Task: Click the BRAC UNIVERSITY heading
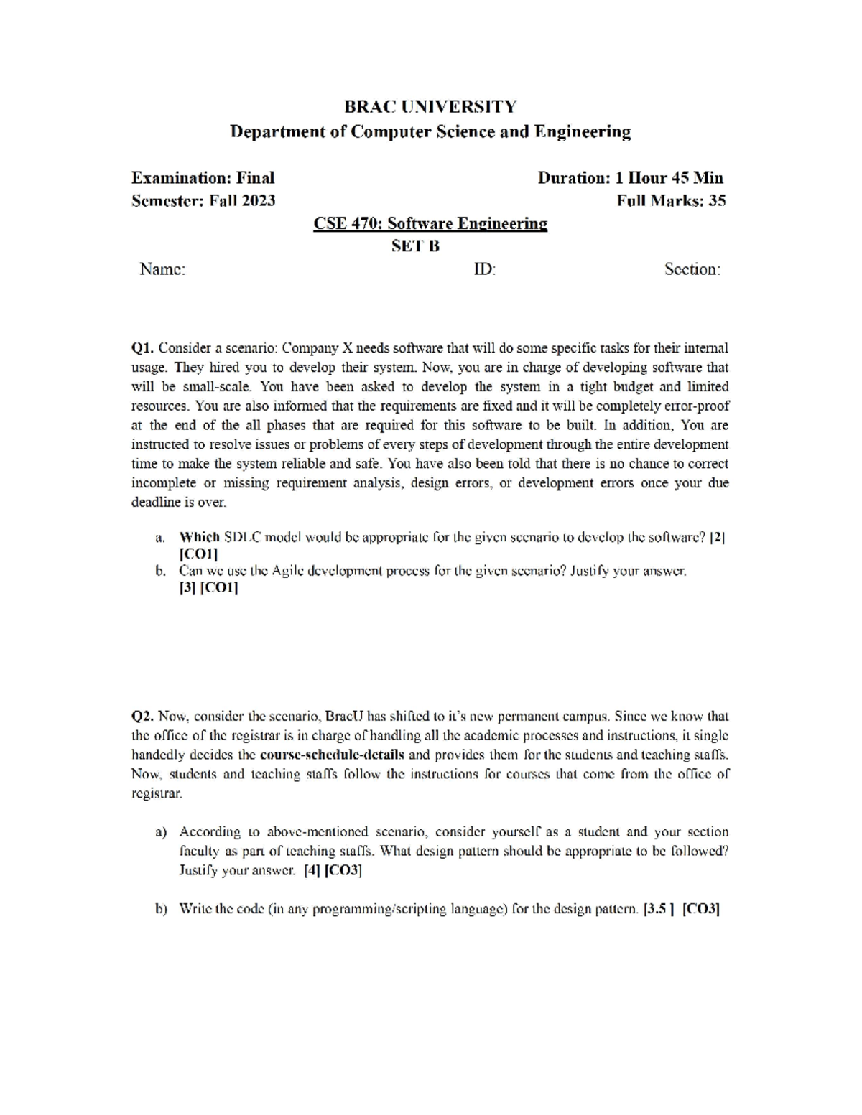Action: pyautogui.click(x=430, y=107)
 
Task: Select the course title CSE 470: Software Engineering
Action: pyautogui.click(x=430, y=224)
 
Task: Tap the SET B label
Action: pyautogui.click(x=415, y=246)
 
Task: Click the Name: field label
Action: pyautogui.click(x=162, y=269)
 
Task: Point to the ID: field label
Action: pyautogui.click(x=484, y=269)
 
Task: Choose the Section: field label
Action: pyautogui.click(x=692, y=269)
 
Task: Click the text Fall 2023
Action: pyautogui.click(x=242, y=201)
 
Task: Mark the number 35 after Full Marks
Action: pyautogui.click(x=717, y=201)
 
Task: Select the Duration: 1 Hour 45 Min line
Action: pyautogui.click(x=630, y=178)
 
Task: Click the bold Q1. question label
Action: pyautogui.click(x=143, y=349)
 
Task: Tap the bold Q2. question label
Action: pyautogui.click(x=143, y=717)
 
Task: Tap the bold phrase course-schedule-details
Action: pyautogui.click(x=332, y=755)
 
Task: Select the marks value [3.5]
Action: pyautogui.click(x=658, y=909)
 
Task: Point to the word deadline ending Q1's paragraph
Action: pyautogui.click(x=155, y=503)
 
